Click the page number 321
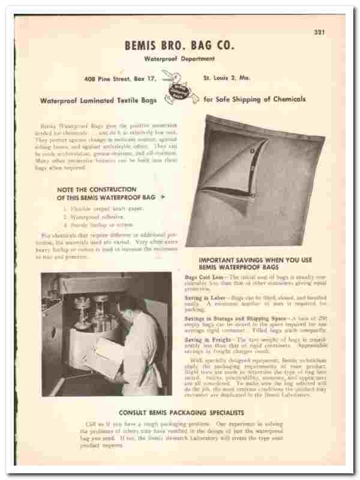pos(319,32)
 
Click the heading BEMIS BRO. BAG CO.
pos(179,45)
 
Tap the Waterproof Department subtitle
pos(179,59)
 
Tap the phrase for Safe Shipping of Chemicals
pos(254,99)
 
